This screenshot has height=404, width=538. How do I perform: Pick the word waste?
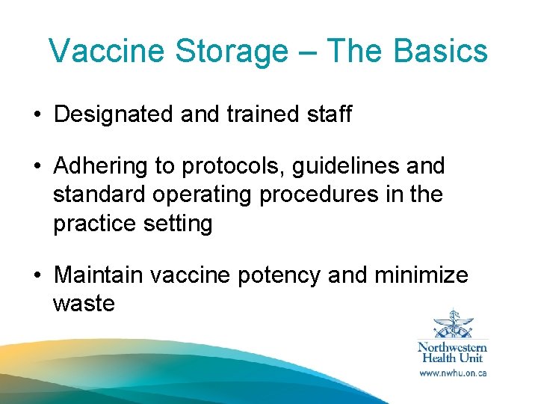[x=84, y=303]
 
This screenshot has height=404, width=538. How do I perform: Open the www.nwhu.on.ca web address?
[x=452, y=373]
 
